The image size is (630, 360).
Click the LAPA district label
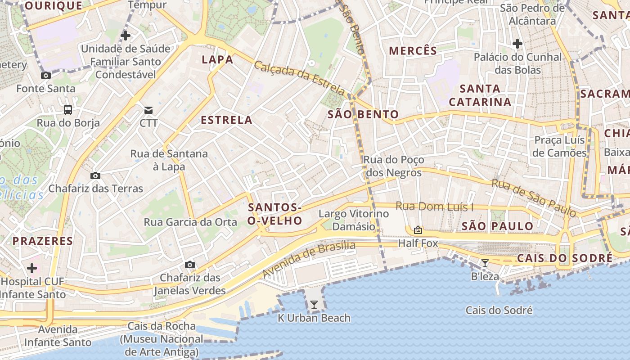pos(217,59)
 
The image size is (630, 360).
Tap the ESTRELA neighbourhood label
pos(226,120)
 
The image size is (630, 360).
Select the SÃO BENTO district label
pos(363,114)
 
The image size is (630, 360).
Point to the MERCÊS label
pos(413,50)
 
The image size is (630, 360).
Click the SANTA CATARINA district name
pos(480,95)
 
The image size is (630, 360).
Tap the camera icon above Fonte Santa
pos(45,76)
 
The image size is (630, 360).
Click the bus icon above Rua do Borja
pos(67,109)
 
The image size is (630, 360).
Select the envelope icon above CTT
pos(148,110)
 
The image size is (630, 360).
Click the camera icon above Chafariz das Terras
pos(95,175)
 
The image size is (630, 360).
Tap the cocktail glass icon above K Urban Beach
pos(314,305)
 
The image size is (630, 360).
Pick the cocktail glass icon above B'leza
pos(485,263)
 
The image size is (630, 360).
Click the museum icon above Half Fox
pos(418,230)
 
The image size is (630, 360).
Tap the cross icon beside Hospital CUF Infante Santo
pos(32,269)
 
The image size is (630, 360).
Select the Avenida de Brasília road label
pos(309,259)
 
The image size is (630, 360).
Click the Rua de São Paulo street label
pos(534,197)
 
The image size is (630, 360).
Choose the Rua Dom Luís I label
pos(434,207)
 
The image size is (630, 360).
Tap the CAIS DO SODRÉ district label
pos(564,258)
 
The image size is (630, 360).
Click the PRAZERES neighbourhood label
pos(43,241)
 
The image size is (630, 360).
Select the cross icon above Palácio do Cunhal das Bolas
pos(517,44)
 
